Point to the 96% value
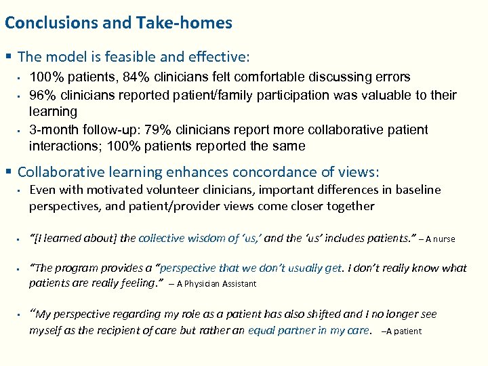tap(43, 95)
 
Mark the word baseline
tap(415, 190)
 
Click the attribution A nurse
tap(441, 239)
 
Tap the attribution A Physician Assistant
tap(216, 284)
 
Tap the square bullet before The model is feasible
tap(8, 56)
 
